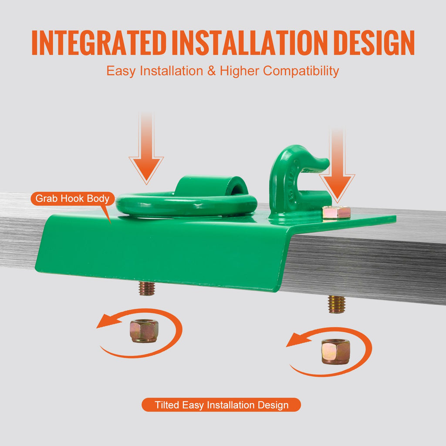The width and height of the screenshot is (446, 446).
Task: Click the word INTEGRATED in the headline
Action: click(99, 43)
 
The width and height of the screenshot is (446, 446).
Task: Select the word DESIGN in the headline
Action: click(374, 43)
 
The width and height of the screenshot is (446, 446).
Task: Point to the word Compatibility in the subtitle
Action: click(301, 71)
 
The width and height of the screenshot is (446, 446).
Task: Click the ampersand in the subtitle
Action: click(211, 71)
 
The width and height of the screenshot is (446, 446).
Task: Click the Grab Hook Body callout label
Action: click(73, 198)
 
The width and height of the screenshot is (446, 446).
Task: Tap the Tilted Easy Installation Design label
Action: click(221, 405)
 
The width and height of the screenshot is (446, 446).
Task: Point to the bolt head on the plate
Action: click(336, 212)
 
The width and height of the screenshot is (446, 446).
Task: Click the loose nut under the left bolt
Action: click(144, 331)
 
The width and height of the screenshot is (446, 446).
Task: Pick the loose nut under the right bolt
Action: click(336, 351)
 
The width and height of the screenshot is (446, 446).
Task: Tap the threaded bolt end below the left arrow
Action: click(147, 288)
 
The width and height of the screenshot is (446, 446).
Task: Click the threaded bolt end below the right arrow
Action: click(337, 304)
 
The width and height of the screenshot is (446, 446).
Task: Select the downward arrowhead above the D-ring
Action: click(146, 169)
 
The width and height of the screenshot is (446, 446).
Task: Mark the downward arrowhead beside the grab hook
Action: click(337, 187)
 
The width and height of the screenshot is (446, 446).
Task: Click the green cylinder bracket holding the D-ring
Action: click(210, 186)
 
